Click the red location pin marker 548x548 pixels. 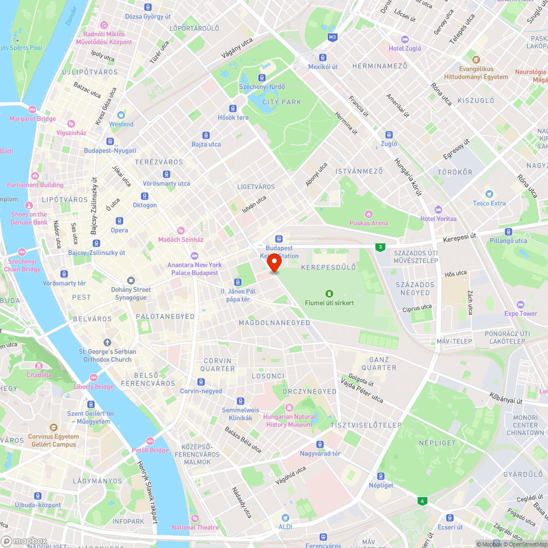click(274, 263)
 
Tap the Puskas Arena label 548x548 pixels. click(369, 223)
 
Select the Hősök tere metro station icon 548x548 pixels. click(233, 109)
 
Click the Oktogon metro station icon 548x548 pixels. click(145, 196)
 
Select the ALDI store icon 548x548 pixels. click(285, 518)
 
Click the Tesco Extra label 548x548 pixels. click(490, 203)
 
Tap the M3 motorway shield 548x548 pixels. click(332, 37)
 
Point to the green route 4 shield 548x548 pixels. click(421, 501)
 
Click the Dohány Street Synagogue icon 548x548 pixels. click(130, 281)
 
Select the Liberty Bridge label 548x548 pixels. click(94, 387)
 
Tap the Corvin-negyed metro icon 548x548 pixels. click(201, 382)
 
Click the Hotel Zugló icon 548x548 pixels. click(405, 39)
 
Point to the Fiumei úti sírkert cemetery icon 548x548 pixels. click(329, 294)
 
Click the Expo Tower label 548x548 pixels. click(521, 313)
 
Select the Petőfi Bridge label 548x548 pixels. click(150, 450)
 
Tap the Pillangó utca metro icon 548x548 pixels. click(509, 232)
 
